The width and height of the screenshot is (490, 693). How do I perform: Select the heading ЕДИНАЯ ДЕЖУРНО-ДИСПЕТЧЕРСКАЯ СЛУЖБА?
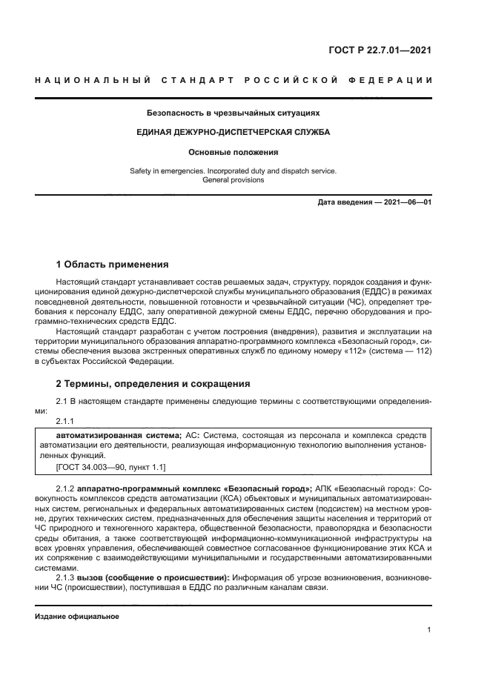(x=233, y=132)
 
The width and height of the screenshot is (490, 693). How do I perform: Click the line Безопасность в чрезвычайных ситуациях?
(x=233, y=113)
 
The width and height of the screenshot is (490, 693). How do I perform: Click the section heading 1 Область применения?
(x=113, y=265)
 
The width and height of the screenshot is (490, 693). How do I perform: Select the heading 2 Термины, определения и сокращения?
(x=153, y=384)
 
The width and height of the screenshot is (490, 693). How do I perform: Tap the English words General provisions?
(x=233, y=180)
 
